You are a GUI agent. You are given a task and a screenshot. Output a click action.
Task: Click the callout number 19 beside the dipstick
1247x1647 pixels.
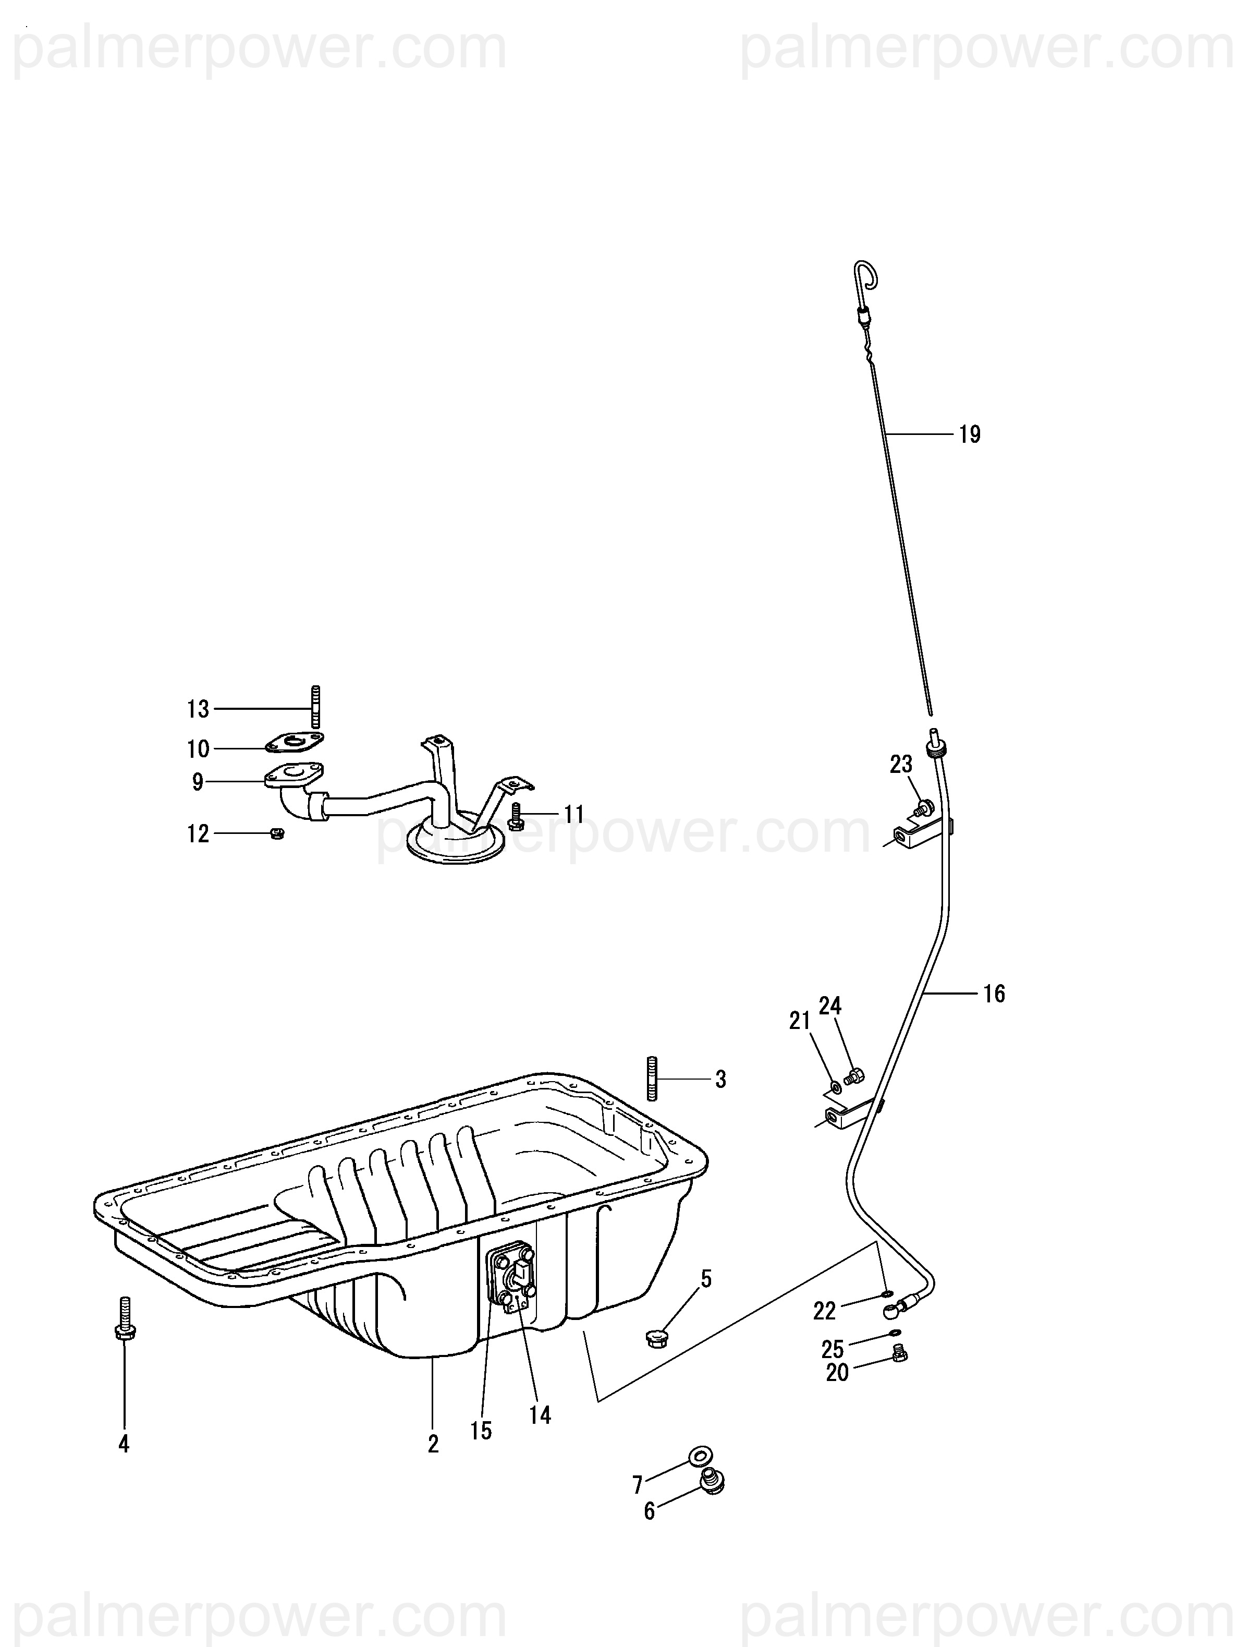[x=969, y=434]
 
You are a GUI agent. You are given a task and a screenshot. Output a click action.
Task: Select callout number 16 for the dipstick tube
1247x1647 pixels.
[x=994, y=994]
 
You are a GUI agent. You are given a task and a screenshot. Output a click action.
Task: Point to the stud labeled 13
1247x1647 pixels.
[x=315, y=706]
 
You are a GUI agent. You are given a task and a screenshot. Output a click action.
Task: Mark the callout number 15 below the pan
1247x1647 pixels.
[x=481, y=1431]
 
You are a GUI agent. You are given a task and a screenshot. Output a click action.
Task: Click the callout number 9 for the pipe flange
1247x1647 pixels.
[x=197, y=782]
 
